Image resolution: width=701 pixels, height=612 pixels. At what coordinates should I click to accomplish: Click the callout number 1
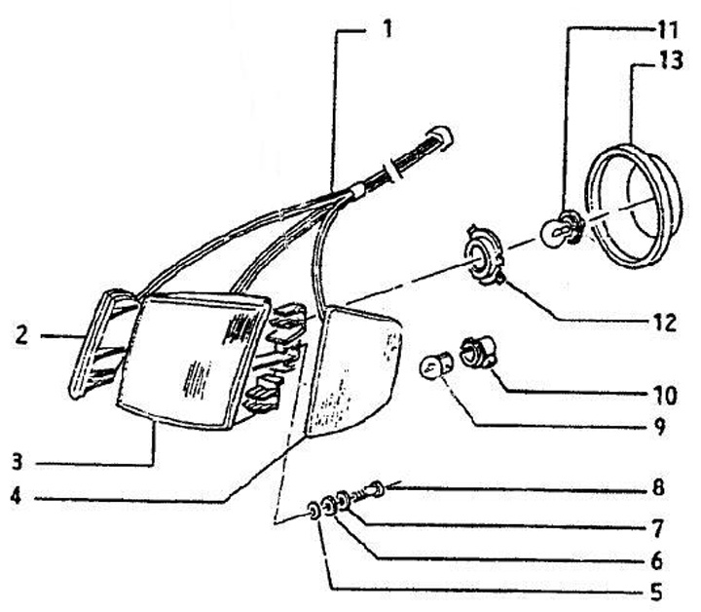(386, 26)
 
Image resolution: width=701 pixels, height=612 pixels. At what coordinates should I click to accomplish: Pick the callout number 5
(654, 590)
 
